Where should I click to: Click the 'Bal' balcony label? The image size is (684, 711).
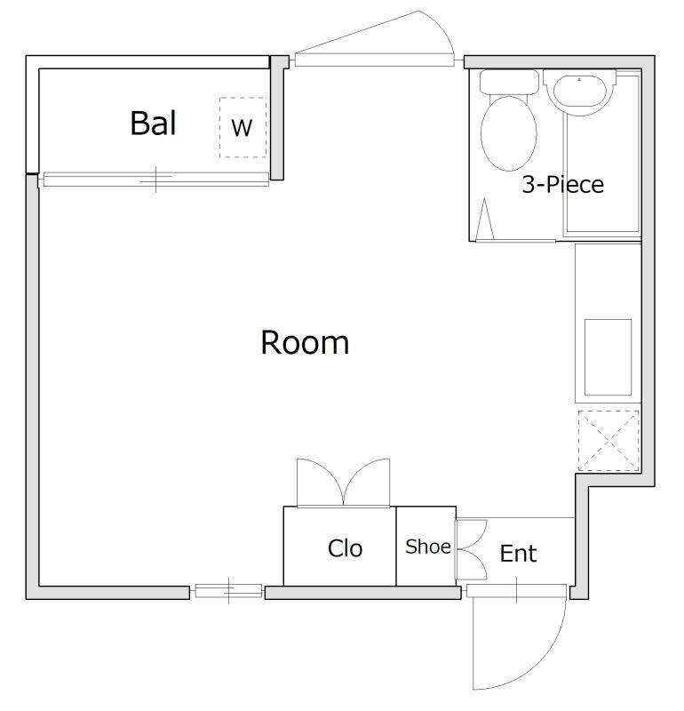coord(153,123)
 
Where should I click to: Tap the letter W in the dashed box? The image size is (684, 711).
coord(242,128)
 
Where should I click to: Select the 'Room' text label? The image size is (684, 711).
coord(305,342)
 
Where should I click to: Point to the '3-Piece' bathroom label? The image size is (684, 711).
coord(562,185)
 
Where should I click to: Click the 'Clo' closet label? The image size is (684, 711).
coord(345,548)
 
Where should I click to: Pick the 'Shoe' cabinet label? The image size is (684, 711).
coord(428,547)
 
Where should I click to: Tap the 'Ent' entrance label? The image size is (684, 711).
coord(518,553)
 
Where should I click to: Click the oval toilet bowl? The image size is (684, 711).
coord(509,133)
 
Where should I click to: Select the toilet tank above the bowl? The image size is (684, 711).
coord(509,82)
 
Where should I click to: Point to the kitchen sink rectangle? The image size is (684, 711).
coord(608,357)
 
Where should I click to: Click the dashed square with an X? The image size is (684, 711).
coord(608,441)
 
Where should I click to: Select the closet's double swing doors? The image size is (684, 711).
coord(343,483)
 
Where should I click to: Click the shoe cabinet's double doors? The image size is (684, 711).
coord(472,549)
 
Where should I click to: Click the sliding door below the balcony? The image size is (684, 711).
coord(155,180)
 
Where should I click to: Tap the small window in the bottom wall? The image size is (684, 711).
coord(228,591)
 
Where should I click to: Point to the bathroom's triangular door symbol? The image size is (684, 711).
coord(484,219)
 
